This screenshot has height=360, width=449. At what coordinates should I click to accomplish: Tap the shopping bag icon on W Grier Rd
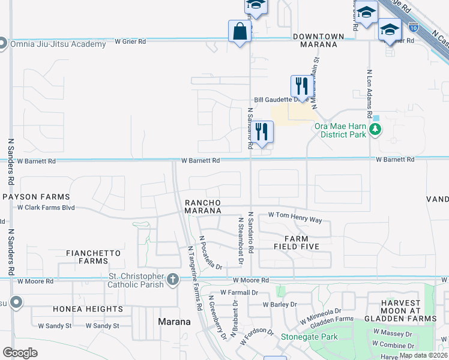(240, 31)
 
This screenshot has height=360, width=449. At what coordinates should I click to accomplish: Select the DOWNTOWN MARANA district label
(319, 37)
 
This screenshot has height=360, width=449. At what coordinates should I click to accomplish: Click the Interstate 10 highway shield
(413, 27)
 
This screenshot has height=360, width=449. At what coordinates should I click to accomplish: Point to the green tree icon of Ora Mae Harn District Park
(375, 129)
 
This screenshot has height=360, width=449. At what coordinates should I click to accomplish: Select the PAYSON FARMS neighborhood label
(36, 197)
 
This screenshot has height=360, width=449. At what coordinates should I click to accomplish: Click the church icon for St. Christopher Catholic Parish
(173, 279)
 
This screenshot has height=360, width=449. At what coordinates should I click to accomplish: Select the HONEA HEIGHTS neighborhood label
(88, 309)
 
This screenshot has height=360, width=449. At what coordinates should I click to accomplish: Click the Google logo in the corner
(20, 352)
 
